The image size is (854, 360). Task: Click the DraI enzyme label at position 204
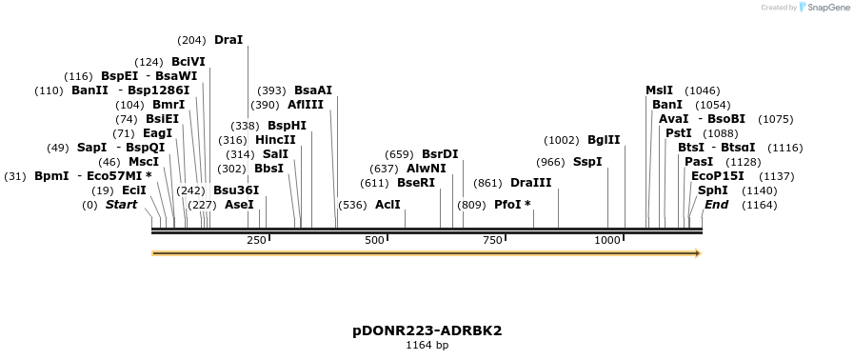coord(228,40)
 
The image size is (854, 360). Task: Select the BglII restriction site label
coord(604,140)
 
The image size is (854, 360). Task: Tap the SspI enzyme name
coord(587,162)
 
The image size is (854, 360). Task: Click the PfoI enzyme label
coord(512,205)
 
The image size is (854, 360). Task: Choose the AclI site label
coord(387,205)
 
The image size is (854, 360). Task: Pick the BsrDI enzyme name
coord(440,154)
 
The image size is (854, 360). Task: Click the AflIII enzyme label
coord(306,105)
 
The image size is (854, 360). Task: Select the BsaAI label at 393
coord(313,90)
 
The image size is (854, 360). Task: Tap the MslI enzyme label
coord(659,90)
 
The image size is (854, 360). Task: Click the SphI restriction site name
coord(713,190)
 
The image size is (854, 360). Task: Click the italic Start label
coord(121,205)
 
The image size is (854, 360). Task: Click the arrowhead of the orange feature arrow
coord(698,253)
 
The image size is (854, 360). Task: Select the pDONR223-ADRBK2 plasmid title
coord(427,330)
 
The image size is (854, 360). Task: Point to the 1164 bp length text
coord(427,346)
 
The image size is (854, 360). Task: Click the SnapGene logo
coord(824,7)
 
